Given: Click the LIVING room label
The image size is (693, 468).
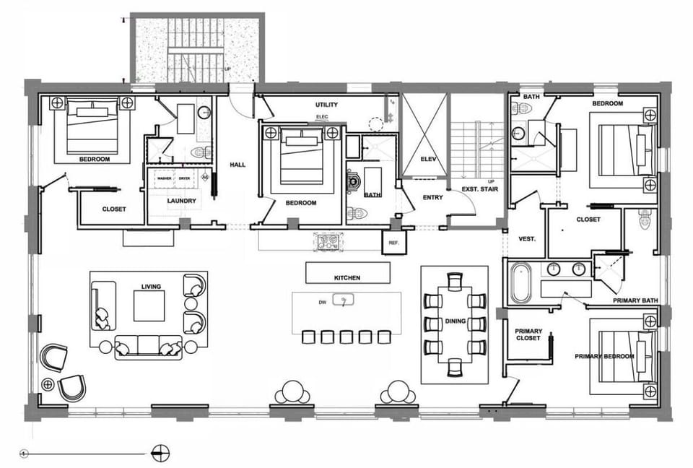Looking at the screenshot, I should (152, 287).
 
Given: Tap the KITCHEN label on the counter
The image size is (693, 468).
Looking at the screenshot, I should (346, 277).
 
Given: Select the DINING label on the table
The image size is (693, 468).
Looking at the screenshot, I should (455, 321).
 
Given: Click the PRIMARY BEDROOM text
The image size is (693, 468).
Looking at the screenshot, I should (604, 356).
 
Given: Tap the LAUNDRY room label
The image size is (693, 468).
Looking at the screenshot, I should (182, 201).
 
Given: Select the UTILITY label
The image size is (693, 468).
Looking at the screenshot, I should (326, 105).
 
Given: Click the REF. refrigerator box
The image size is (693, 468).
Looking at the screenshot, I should (393, 243).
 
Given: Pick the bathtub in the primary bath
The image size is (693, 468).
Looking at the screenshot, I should (520, 282).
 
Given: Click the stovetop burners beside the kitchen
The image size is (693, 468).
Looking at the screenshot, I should (327, 242).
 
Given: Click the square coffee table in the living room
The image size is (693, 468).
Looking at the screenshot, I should (149, 305).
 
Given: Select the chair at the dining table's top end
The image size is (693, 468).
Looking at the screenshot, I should (455, 281).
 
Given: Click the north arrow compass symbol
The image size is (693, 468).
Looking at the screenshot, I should (160, 454).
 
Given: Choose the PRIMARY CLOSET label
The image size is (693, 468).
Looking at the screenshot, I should (528, 336).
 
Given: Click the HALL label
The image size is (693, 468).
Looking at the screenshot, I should (237, 165).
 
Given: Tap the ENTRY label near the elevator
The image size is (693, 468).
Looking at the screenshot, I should (433, 197).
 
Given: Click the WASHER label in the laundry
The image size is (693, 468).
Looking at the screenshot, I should (163, 178).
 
